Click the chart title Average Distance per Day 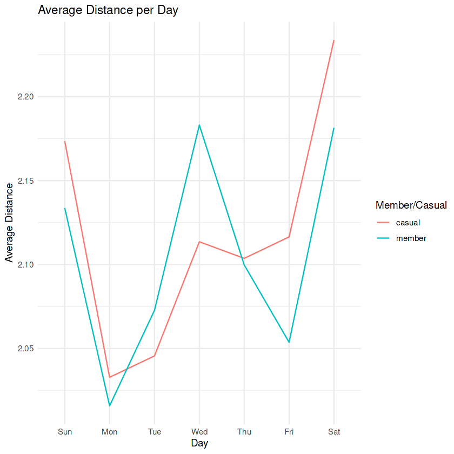coord(108,10)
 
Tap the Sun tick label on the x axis coord(65,432)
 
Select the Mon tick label coord(110,432)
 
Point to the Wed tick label coord(199,432)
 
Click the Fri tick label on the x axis coord(289,432)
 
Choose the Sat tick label coord(333,432)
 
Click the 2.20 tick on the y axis coord(26,97)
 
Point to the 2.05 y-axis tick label coord(26,349)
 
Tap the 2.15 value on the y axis coord(26,181)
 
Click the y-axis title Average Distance coord(9,223)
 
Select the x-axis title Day coord(199,444)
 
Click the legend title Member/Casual coord(411,205)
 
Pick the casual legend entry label coord(408,222)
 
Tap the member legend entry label coord(411,238)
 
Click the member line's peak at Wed coord(199,125)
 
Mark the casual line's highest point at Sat coord(333,41)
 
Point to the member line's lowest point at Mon coord(110,406)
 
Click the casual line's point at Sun coord(65,142)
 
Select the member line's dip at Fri coord(289,342)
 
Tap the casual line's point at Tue coord(155,356)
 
